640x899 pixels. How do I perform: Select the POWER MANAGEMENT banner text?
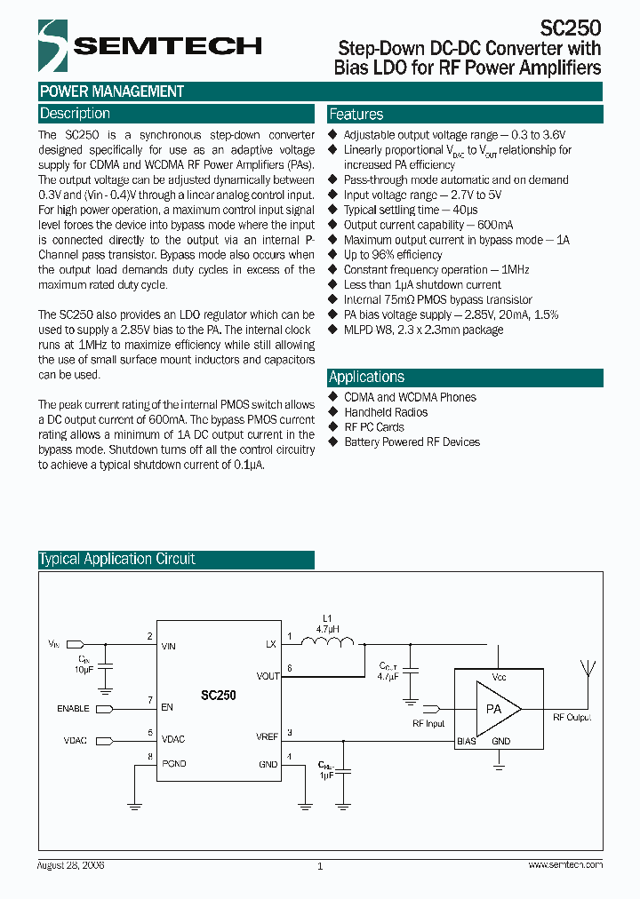click(112, 91)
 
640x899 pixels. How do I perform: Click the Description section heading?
click(76, 114)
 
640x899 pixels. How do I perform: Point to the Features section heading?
click(356, 115)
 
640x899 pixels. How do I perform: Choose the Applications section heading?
click(367, 377)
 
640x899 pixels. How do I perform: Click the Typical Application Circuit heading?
click(117, 559)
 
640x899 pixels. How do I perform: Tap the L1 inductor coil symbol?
click(329, 642)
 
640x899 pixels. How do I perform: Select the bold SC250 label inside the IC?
click(218, 696)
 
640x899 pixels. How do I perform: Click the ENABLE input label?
click(74, 709)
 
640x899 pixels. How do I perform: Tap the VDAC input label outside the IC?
click(76, 740)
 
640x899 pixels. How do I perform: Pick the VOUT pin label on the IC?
click(268, 676)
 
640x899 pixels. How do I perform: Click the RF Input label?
click(428, 724)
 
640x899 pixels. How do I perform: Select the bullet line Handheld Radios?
click(386, 412)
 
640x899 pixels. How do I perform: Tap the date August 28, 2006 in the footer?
click(71, 864)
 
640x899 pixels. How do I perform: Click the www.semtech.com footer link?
click(565, 864)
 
